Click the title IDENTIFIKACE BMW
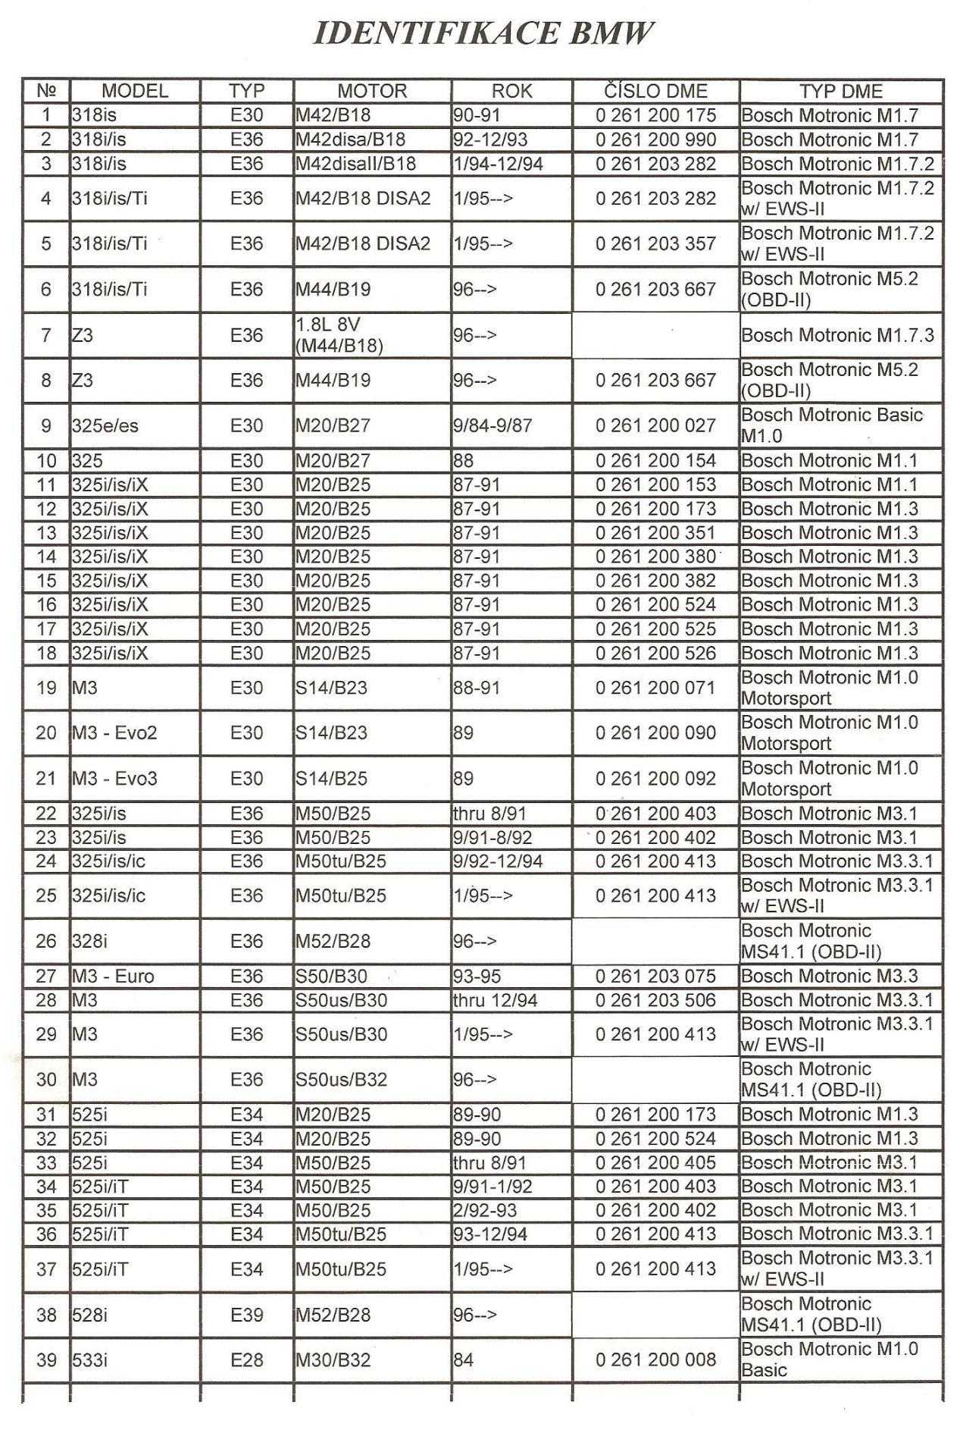tap(482, 34)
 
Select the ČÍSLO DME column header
tap(655, 92)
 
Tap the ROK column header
tap(511, 92)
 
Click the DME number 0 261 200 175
tap(655, 116)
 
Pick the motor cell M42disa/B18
tap(350, 140)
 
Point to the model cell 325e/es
tap(105, 426)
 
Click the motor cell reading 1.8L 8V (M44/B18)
tap(339, 335)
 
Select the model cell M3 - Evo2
tap(114, 733)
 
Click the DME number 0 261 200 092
tap(655, 779)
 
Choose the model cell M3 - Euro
tap(113, 977)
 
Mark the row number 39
tap(46, 1360)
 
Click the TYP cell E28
tap(246, 1360)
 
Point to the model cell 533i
tap(89, 1360)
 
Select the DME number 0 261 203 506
tap(655, 1001)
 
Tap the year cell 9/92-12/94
tap(498, 861)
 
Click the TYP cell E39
tap(246, 1315)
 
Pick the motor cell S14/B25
tap(331, 779)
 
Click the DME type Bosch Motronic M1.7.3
tap(837, 335)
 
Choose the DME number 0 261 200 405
tap(655, 1163)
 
